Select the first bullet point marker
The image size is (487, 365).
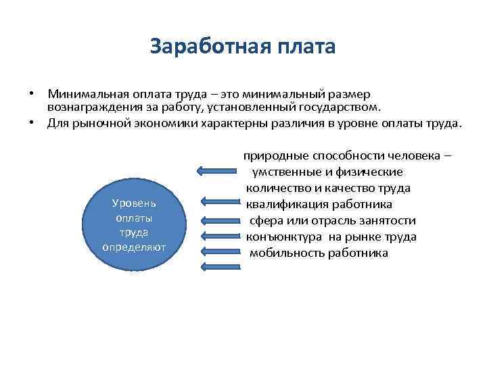coord(32,93)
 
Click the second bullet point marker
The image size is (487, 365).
coord(32,123)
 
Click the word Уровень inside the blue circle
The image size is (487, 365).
coord(134,203)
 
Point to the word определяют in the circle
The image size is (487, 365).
coord(134,246)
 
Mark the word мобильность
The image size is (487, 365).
coord(283,253)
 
